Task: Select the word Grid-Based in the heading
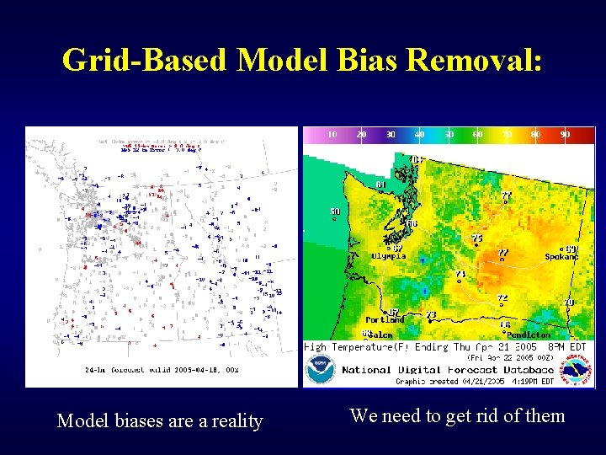(x=146, y=60)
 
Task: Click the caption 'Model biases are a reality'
(x=160, y=420)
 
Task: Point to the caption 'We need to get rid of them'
(x=457, y=415)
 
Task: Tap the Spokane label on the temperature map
(x=561, y=257)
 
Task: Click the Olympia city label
(x=388, y=256)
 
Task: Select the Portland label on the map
(x=385, y=320)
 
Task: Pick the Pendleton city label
(x=529, y=335)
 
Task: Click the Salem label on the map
(x=380, y=335)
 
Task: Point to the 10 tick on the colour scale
(x=332, y=134)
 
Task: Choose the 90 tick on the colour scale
(x=565, y=134)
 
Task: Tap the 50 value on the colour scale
(x=449, y=134)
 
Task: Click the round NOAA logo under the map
(x=320, y=370)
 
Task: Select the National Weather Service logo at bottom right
(x=577, y=369)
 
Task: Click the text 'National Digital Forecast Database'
(x=448, y=370)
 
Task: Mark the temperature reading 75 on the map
(x=477, y=238)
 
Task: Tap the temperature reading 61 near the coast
(x=380, y=185)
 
